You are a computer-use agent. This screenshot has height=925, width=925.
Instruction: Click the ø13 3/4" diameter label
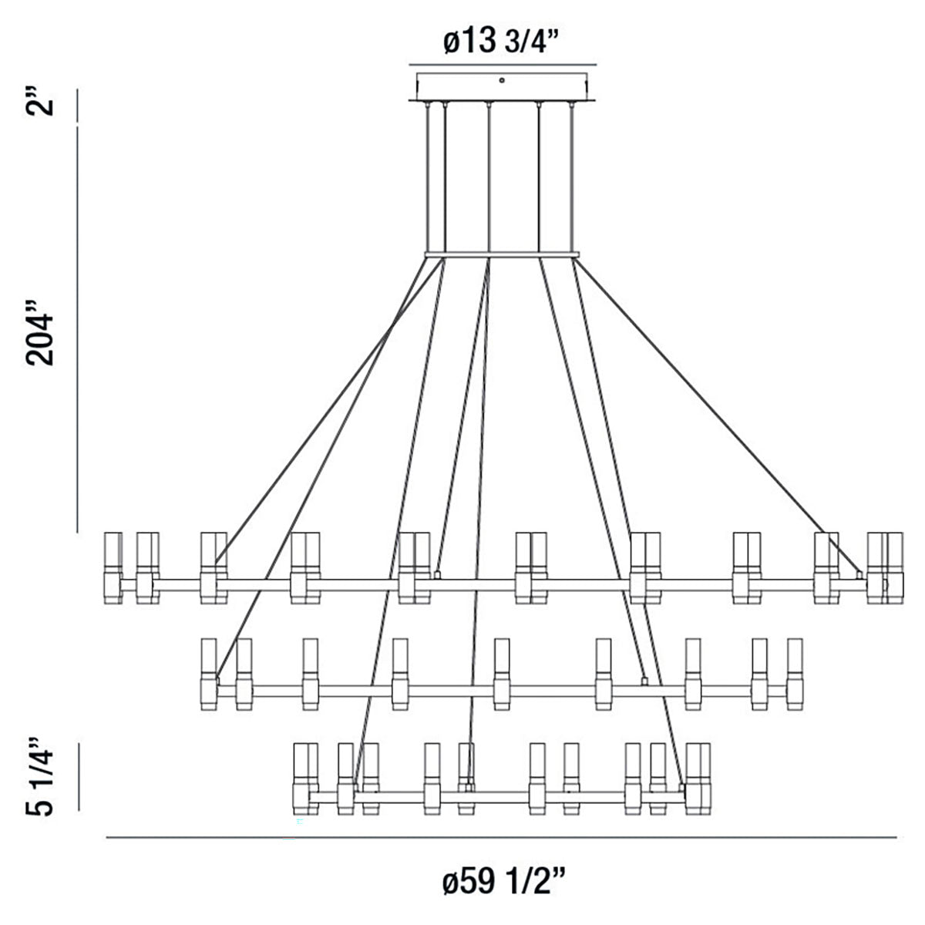(502, 42)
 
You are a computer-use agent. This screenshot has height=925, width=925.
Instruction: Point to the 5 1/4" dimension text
(42, 778)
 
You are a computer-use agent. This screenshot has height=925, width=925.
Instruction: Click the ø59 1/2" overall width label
(505, 880)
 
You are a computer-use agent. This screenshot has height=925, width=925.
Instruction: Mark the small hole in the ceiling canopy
(502, 79)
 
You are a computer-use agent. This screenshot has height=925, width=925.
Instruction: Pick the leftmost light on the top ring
(113, 567)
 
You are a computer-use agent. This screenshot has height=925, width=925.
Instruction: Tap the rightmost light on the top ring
(894, 567)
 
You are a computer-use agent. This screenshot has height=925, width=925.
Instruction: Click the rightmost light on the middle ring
(795, 674)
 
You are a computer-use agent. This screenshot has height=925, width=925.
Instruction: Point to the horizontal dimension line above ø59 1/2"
(501, 837)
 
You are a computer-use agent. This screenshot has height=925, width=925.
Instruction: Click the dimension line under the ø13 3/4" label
(502, 64)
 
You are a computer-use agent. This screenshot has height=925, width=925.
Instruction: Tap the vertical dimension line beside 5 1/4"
(77, 778)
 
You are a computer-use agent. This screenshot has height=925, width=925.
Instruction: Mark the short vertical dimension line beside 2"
(77, 105)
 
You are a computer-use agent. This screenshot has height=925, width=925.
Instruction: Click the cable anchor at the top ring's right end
(859, 574)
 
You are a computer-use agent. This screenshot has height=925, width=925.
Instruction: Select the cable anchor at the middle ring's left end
(219, 680)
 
